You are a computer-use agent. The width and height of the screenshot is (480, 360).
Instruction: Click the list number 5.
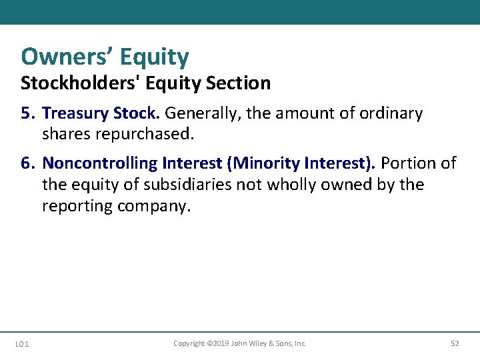click(27, 113)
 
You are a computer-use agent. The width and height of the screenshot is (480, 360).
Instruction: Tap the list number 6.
click(27, 163)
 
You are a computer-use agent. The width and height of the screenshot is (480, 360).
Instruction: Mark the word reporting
click(77, 206)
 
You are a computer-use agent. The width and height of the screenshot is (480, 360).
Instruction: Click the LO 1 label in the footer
click(21, 344)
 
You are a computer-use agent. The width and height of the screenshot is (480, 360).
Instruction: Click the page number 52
click(455, 344)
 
